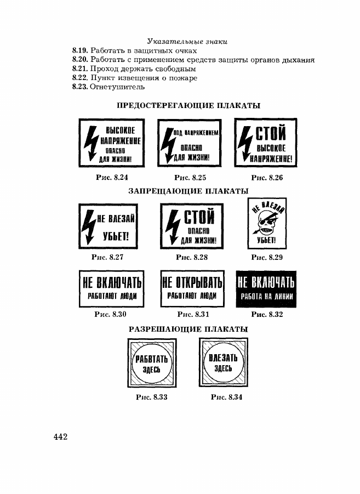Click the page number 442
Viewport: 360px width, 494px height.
click(x=60, y=436)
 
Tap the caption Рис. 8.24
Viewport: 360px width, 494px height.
click(x=112, y=178)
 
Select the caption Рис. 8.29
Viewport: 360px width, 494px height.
click(x=267, y=257)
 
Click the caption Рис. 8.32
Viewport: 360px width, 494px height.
click(x=267, y=314)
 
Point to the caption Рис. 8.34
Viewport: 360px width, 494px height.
click(x=226, y=398)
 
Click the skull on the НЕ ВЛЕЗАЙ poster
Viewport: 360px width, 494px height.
click(x=266, y=224)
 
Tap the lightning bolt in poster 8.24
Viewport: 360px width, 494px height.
click(x=92, y=144)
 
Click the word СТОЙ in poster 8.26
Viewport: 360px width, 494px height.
click(x=271, y=133)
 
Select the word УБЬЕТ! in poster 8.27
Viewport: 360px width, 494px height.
click(x=116, y=236)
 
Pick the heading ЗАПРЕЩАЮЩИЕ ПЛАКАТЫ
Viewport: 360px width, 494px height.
click(x=188, y=191)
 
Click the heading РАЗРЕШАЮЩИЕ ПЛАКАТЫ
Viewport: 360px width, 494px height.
click(x=188, y=329)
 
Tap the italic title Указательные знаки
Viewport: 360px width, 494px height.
click(x=187, y=42)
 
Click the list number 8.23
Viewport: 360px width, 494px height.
click(x=79, y=87)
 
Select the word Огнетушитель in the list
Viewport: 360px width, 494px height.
click(x=117, y=87)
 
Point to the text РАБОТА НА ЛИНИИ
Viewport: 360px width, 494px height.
click(x=267, y=297)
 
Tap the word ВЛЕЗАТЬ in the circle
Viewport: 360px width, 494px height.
click(x=223, y=358)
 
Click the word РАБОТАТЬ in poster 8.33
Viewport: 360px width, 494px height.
click(x=151, y=359)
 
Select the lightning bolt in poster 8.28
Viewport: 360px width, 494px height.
click(x=173, y=227)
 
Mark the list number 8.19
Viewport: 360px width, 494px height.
click(x=79, y=51)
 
